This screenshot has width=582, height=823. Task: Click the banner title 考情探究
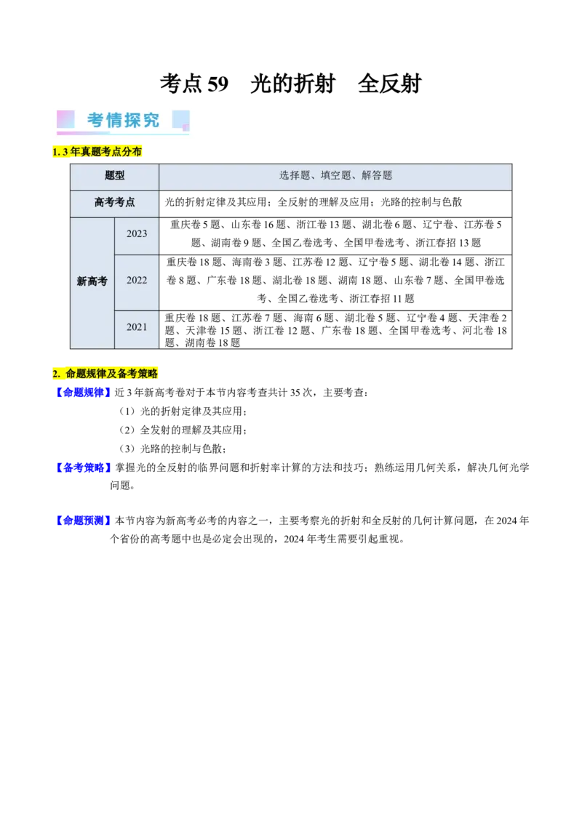(x=124, y=120)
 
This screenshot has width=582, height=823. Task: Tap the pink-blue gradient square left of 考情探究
(x=66, y=119)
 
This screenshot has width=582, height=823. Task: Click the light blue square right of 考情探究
(x=180, y=120)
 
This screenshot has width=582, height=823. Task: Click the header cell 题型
(x=114, y=176)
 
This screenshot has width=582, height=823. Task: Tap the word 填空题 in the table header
(x=335, y=175)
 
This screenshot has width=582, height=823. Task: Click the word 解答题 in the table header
(x=377, y=175)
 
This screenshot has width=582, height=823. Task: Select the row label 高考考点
(x=114, y=203)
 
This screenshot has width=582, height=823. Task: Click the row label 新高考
(x=92, y=281)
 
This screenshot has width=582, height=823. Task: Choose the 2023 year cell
(x=137, y=234)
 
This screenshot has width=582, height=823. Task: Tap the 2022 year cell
(x=137, y=281)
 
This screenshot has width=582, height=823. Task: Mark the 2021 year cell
(x=137, y=327)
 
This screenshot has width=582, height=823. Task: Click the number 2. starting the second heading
(x=57, y=374)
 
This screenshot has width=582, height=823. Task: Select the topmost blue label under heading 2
(x=82, y=393)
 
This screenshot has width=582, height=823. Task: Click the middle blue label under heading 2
(x=83, y=467)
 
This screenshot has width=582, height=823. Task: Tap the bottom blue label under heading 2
(x=82, y=520)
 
